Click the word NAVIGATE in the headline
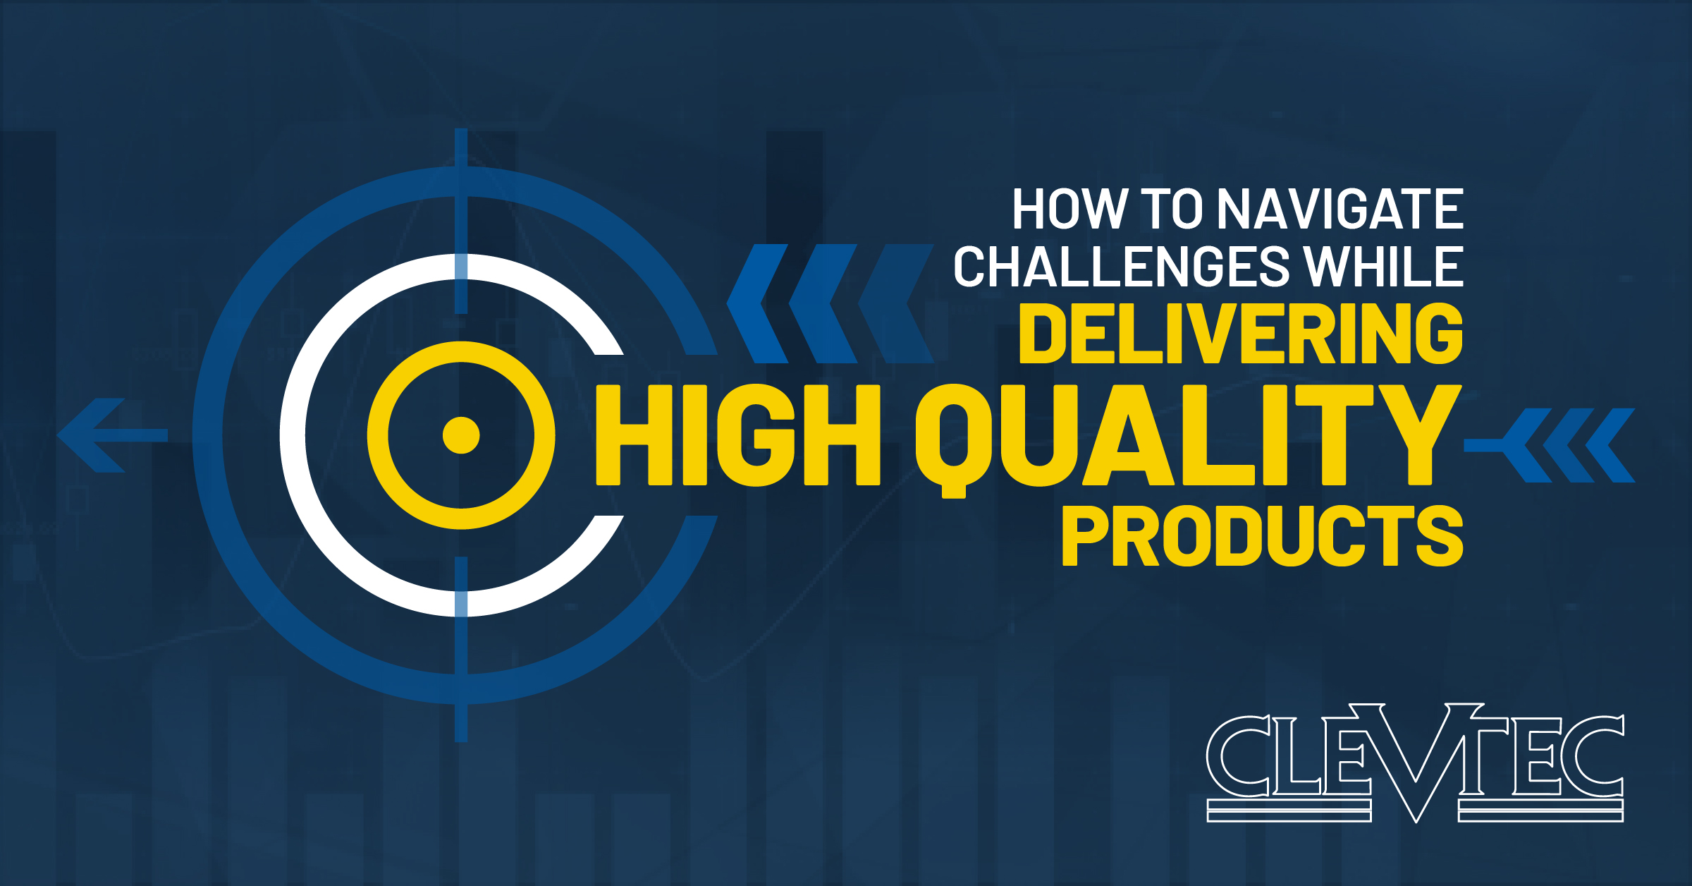1339,209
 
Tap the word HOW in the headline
1069,209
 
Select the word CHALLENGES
1122,267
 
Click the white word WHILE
1384,267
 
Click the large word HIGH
738,435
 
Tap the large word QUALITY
1187,439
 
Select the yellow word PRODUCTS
1263,535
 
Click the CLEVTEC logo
1415,763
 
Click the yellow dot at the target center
461,435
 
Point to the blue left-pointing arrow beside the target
112,435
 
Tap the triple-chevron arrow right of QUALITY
1550,445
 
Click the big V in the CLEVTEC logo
1417,763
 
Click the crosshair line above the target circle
461,221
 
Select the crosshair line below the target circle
461,649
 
